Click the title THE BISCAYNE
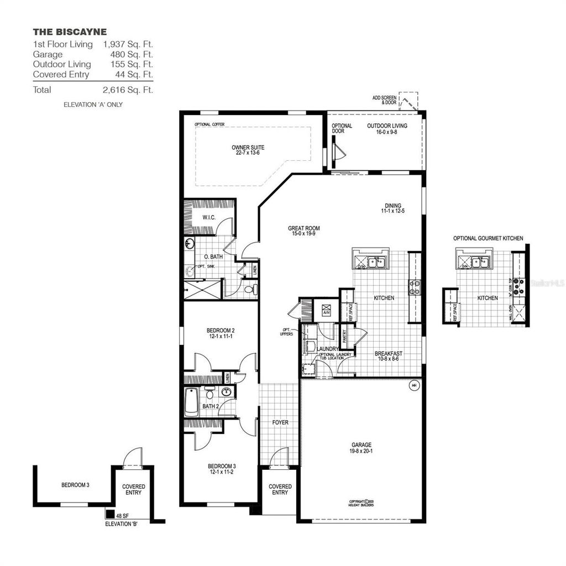point(70,32)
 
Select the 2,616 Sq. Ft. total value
point(128,90)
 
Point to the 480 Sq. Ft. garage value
point(130,55)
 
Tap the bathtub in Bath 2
point(191,402)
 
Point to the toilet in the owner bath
point(249,289)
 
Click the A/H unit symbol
point(326,309)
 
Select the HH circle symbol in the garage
point(414,385)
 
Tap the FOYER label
point(280,422)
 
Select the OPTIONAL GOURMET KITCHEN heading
point(488,238)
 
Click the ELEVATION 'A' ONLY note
point(93,104)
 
